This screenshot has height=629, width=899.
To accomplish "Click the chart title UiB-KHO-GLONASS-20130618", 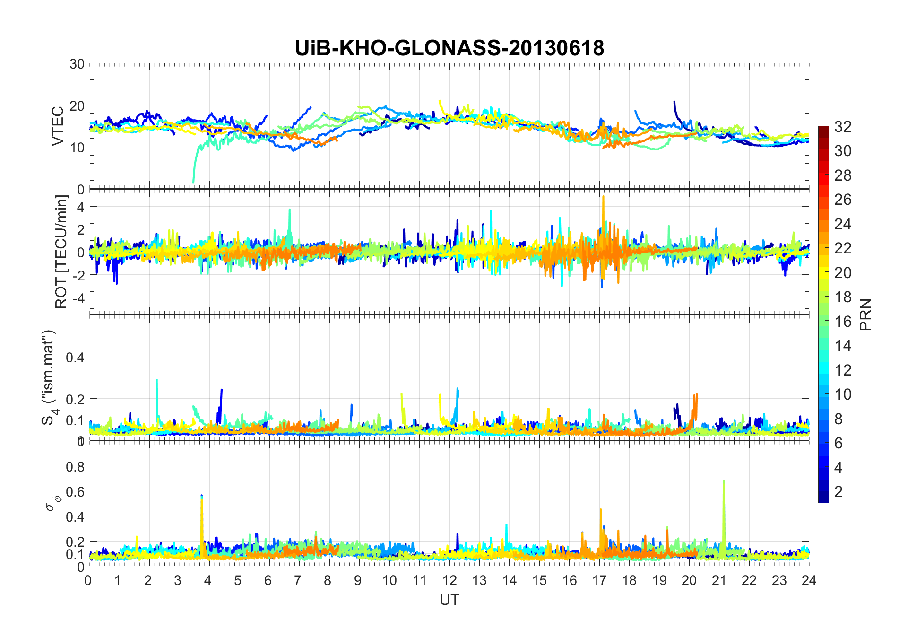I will pos(449,48).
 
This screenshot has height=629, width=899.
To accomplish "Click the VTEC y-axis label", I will pos(58,126).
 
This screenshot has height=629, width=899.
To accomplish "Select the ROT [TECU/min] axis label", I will pos(61,252).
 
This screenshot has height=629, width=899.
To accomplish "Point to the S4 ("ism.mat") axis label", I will pos(49,377).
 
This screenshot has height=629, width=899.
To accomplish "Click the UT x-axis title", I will pos(449,600).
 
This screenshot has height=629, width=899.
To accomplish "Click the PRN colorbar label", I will pos(866,314).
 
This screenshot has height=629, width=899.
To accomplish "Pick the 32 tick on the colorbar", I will pos(843,127).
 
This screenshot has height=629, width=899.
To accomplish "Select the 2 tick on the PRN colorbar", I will pos(838,492).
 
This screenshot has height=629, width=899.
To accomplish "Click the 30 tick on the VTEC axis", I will pos(77,64).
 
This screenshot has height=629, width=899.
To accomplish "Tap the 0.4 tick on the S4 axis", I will pos(75,358).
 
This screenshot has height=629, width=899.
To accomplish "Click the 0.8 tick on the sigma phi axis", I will pos(75,467).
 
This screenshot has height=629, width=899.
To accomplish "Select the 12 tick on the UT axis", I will pos(449,580).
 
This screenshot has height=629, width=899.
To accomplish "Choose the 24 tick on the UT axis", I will pos(809,580).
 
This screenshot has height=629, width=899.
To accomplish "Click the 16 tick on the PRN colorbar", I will pos(843,322).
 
